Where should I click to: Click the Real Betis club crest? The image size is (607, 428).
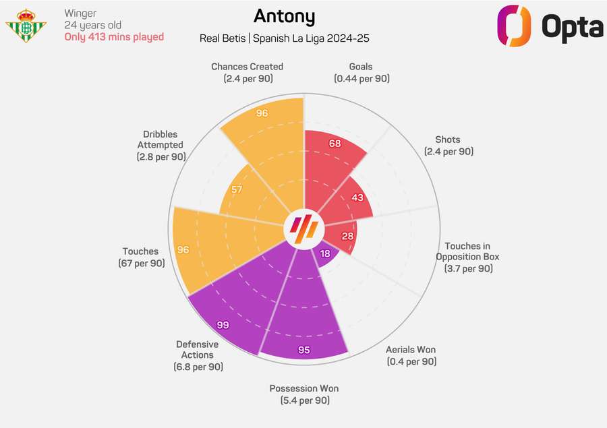26,25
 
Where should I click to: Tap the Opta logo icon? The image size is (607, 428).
515,26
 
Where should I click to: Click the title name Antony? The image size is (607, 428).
284,16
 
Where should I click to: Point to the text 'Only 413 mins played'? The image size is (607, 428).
114,37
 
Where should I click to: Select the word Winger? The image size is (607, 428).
81,13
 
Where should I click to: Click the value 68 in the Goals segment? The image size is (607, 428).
335,144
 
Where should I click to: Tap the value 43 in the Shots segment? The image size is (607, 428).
357,197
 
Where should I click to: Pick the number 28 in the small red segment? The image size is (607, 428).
347,235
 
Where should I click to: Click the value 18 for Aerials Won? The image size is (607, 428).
325,253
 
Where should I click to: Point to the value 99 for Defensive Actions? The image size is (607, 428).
223,325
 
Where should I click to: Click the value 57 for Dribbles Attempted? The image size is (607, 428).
237,189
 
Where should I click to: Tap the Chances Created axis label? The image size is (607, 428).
247,73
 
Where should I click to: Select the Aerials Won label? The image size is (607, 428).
411,355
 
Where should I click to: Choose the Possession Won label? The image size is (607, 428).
304,394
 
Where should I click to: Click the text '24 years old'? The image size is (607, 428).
93,25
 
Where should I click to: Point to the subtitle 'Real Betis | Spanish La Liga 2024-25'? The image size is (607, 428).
284,38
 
